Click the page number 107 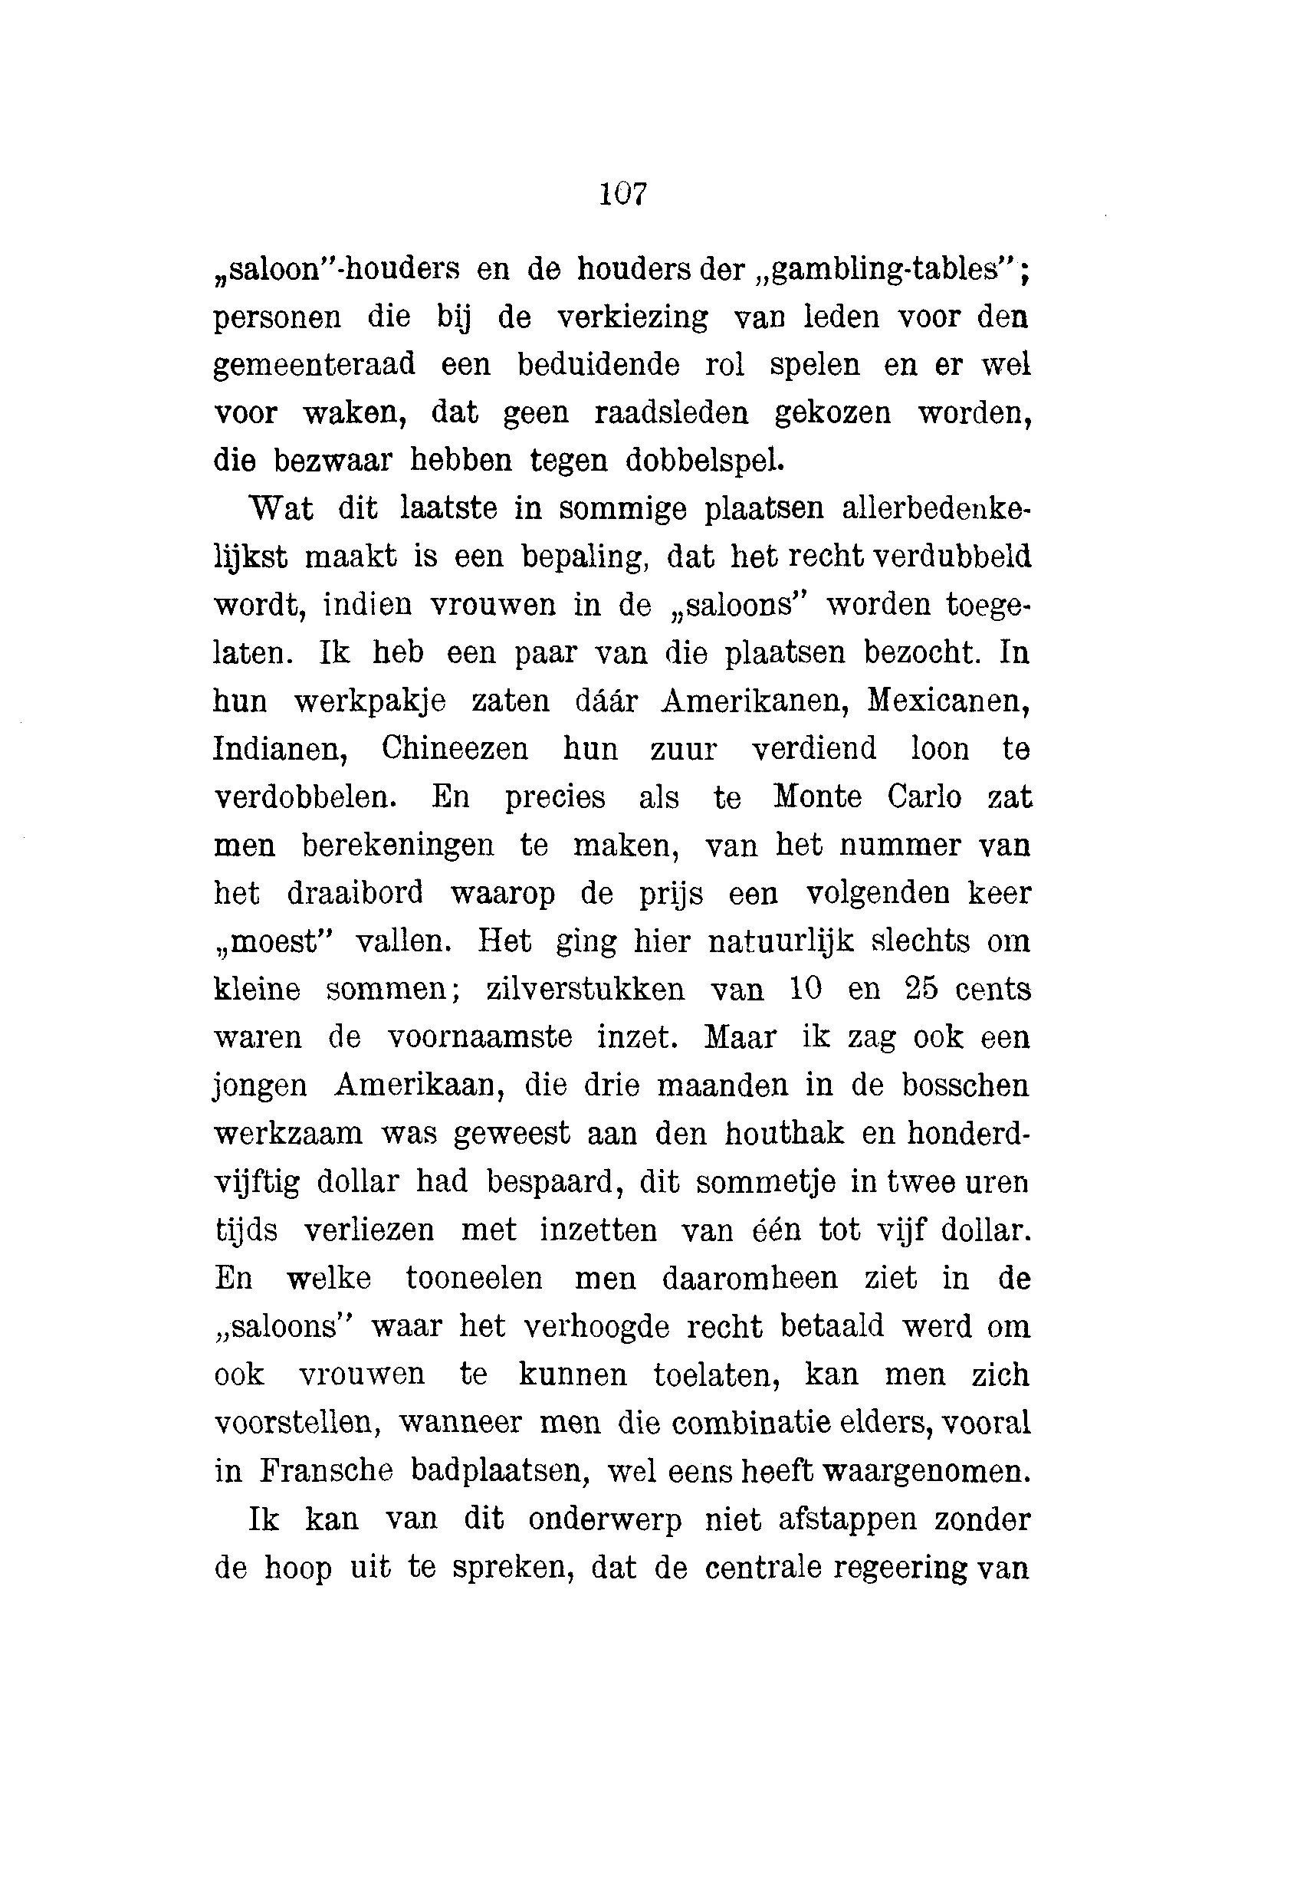(x=623, y=194)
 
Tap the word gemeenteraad (x=314, y=364)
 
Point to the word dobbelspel (x=704, y=460)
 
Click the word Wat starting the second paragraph (x=281, y=508)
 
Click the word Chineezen (x=455, y=748)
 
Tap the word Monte (x=817, y=796)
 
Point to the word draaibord (x=355, y=892)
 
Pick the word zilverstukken (x=586, y=989)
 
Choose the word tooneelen (x=475, y=1279)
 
